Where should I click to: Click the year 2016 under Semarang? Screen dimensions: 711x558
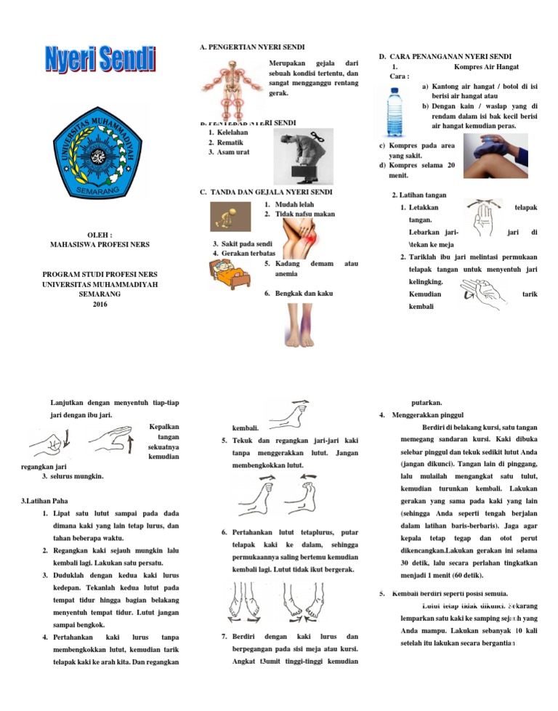[100, 304]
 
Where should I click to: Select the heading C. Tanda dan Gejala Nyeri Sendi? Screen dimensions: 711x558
[266, 192]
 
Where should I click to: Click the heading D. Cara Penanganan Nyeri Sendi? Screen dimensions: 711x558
[445, 56]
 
